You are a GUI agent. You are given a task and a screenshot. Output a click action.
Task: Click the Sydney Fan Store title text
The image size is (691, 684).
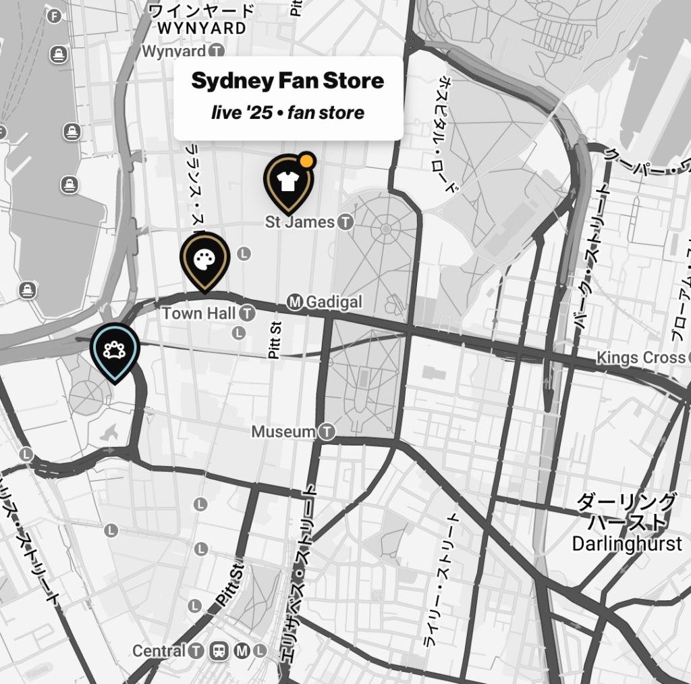(287, 81)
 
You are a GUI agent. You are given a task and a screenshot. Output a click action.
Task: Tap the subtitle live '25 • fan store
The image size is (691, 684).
(287, 112)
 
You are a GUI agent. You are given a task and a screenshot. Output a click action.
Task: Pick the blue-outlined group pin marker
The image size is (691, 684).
(114, 350)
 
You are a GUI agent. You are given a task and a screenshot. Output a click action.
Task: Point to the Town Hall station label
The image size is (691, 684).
(199, 313)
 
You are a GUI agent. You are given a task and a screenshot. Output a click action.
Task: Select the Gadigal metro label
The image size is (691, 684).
(333, 302)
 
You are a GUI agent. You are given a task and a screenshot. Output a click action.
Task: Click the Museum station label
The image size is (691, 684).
(283, 431)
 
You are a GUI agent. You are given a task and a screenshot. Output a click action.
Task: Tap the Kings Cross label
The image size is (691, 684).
(640, 357)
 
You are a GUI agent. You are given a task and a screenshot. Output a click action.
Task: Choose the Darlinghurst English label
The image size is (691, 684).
(627, 544)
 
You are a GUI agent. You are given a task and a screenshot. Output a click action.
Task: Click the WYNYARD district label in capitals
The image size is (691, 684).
(202, 28)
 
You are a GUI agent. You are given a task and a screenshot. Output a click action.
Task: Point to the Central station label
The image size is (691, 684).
(159, 651)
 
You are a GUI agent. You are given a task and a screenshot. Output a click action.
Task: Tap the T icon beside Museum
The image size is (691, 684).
(327, 431)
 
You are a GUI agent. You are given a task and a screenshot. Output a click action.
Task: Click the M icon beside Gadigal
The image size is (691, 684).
(294, 302)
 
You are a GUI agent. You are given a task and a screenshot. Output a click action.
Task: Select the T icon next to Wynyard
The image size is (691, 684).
(217, 51)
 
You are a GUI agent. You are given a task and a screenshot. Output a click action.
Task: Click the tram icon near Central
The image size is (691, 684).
(219, 651)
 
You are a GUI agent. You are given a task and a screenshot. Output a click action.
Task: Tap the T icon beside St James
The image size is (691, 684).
(345, 222)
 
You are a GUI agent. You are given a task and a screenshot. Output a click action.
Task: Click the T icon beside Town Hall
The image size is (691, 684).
(248, 313)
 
